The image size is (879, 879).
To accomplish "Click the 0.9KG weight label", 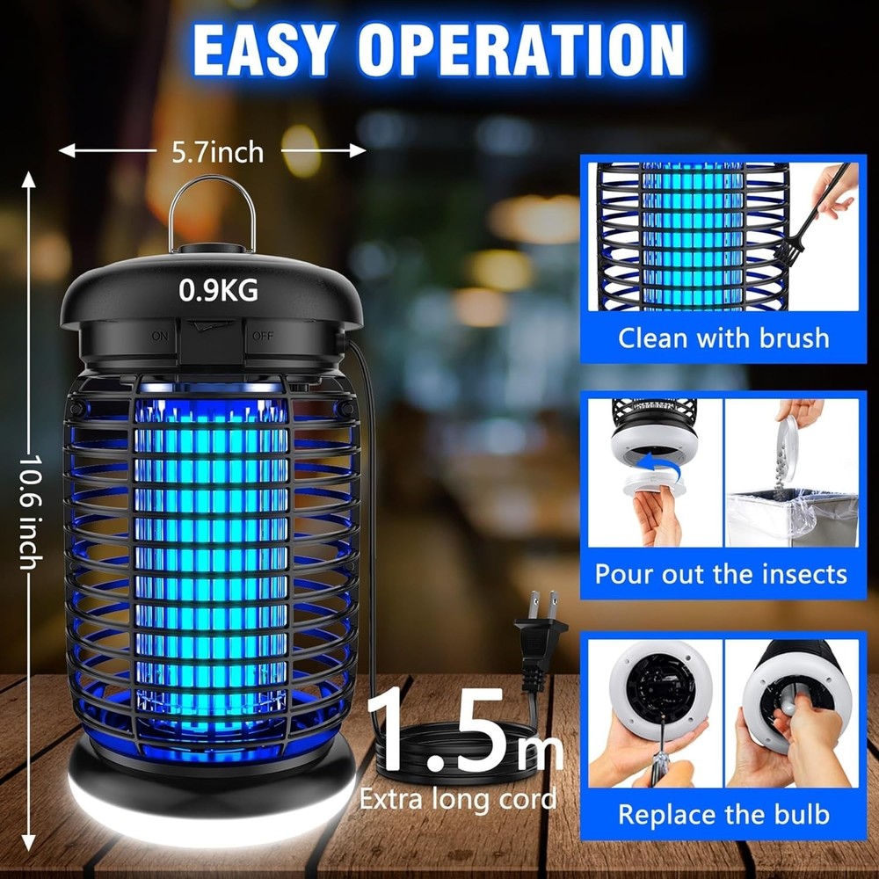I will click(218, 290).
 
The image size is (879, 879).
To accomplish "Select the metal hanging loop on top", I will click(214, 211).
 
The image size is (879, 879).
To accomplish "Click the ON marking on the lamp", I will click(159, 336).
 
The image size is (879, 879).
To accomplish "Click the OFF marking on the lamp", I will click(263, 336).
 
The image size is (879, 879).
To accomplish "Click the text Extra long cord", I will click(458, 798).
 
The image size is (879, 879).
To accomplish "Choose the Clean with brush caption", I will click(723, 338).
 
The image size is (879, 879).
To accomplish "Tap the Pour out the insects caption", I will click(722, 574).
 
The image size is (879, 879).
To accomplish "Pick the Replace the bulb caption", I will click(723, 814).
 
